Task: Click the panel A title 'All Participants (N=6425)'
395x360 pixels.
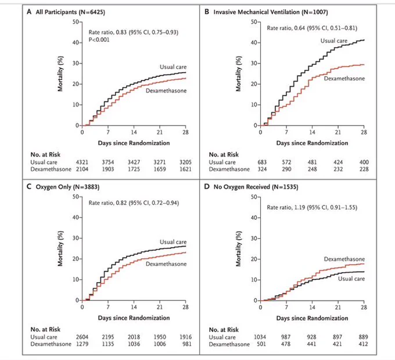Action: (70, 12)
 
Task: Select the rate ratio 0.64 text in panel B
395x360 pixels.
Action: (312, 28)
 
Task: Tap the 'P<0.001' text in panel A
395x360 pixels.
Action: (99, 40)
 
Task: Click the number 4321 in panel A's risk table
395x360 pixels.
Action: (82, 162)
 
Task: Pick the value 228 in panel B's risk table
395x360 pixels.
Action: (364, 169)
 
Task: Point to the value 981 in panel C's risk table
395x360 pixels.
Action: (187, 344)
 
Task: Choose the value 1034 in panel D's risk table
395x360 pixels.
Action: (260, 337)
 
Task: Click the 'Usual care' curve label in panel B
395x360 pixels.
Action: (334, 41)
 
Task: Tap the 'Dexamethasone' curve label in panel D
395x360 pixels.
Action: (344, 259)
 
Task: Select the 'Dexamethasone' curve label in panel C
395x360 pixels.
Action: (166, 264)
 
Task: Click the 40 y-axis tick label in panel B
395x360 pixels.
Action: (254, 42)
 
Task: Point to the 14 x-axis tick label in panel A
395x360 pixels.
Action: (134, 132)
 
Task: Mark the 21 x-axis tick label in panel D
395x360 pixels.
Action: (338, 307)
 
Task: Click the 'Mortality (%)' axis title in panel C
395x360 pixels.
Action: (60, 248)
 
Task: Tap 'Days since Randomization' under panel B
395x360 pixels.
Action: (312, 143)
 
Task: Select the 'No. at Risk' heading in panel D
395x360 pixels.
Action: (224, 330)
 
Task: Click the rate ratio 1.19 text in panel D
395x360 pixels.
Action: (312, 208)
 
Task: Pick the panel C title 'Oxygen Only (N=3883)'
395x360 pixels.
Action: (67, 187)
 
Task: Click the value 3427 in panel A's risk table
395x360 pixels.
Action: (134, 162)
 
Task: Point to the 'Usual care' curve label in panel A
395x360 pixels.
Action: (173, 67)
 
